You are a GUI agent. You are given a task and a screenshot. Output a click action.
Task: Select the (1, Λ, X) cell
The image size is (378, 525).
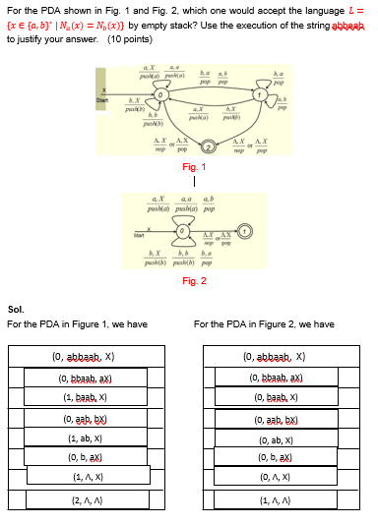[x=88, y=477]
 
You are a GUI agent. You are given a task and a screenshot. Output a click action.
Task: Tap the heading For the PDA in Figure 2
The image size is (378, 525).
[x=264, y=324]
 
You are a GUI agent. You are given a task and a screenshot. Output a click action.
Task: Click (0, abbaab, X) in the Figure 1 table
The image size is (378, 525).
[x=88, y=358]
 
